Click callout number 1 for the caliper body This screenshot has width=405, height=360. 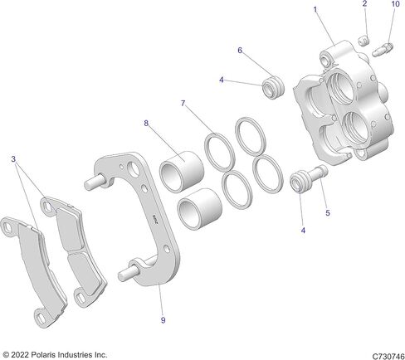pos(315,10)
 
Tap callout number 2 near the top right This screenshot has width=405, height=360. pos(364,3)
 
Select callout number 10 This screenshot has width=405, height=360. pos(396,4)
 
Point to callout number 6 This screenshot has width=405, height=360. pos(240,51)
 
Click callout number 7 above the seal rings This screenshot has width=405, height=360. pos(183,104)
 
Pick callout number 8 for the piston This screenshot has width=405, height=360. pos(146,124)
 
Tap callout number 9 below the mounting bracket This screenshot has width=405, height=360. pos(163,320)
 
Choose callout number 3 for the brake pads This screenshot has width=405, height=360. pos(13,159)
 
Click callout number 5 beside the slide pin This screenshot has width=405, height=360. pos(328,213)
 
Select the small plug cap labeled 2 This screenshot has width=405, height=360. pos(364,41)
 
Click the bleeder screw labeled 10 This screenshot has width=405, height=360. pos(383,50)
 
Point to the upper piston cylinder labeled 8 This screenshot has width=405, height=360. pos(182,172)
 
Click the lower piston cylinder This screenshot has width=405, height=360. pos(200,209)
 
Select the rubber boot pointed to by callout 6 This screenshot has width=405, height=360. pos(273,86)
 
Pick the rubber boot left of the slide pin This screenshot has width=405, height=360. pos(300,181)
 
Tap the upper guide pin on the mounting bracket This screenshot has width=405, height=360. pos(95,183)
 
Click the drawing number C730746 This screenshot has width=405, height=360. pos(388,356)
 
